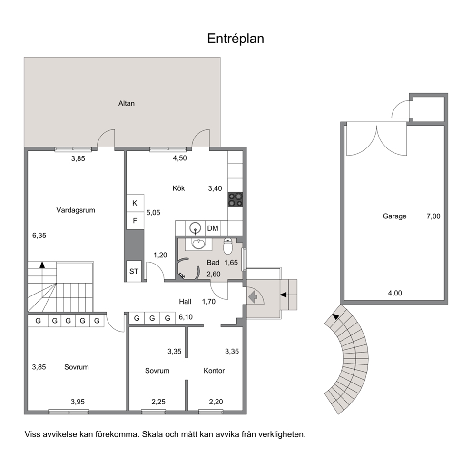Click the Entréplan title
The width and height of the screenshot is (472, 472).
(236, 39)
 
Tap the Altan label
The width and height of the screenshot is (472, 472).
(127, 104)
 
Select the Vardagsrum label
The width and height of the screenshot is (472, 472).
(76, 210)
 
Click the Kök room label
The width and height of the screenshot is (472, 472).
(178, 188)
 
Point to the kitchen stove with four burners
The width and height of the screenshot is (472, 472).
(236, 199)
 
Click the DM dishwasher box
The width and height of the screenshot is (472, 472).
(213, 228)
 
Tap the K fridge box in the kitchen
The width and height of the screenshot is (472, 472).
(135, 203)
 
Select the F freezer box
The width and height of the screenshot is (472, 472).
(135, 221)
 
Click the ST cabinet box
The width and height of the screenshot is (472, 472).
(134, 271)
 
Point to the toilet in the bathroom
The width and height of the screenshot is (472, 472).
(228, 246)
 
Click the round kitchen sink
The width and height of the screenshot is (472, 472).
(196, 228)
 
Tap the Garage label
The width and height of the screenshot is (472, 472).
(394, 216)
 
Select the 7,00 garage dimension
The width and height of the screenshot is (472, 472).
(433, 216)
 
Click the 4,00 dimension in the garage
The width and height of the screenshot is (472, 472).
(395, 293)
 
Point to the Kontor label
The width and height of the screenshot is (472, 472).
(214, 371)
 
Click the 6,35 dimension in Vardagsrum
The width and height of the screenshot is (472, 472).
(39, 236)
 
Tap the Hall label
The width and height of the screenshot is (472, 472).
(185, 302)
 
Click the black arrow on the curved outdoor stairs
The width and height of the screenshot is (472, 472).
(335, 316)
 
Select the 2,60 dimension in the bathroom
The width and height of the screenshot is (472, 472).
(214, 274)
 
